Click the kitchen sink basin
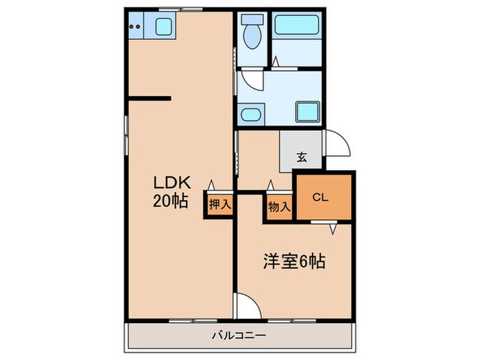[163, 27]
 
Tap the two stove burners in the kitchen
[135, 27]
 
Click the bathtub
[296, 26]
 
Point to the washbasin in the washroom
[250, 113]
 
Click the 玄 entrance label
[301, 157]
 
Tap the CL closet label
[321, 197]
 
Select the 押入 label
[219, 204]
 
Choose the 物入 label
[279, 204]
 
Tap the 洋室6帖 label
[294, 261]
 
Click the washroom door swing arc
[254, 81]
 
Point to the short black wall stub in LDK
[149, 98]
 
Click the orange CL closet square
[323, 197]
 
